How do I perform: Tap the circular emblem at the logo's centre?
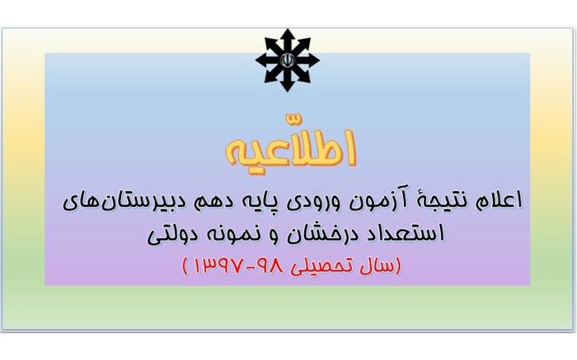(288, 59)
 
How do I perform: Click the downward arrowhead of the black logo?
(288, 86)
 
